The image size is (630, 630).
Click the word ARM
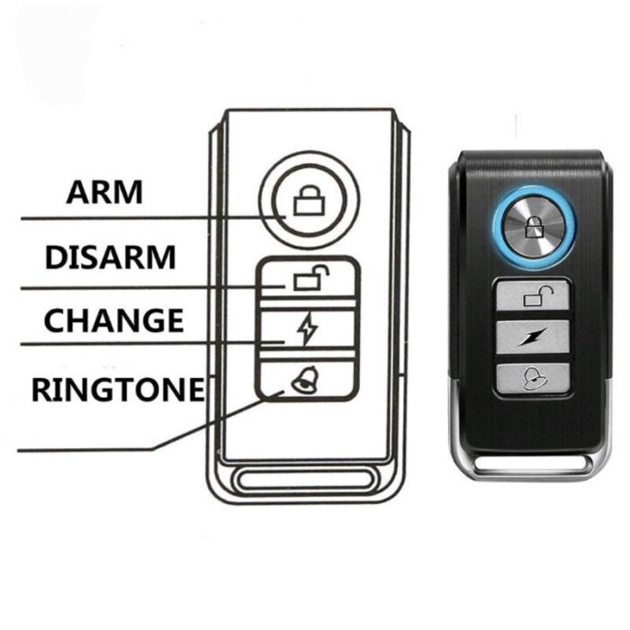[104, 193]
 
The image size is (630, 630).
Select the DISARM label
[111, 257]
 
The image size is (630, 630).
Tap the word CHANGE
[113, 320]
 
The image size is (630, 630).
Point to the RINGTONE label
[118, 390]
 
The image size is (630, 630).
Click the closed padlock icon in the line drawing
[309, 200]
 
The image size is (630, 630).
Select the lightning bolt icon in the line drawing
[308, 329]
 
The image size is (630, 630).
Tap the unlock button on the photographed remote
[533, 295]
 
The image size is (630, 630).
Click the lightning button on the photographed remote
[533, 337]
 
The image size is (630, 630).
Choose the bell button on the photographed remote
[533, 378]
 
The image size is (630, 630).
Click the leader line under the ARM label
[153, 218]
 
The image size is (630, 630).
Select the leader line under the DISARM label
[153, 288]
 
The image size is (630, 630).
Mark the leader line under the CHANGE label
[153, 344]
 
